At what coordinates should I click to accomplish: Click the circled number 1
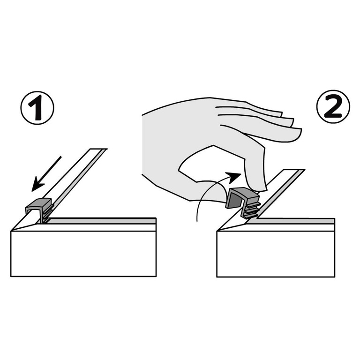[37, 108]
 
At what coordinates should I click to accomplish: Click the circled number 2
[333, 106]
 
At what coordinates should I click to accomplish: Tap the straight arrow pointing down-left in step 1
[46, 173]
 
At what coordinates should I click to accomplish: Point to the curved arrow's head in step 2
[234, 178]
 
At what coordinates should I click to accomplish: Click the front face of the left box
[83, 254]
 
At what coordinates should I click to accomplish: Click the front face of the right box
[276, 254]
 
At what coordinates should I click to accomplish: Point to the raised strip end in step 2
[294, 170]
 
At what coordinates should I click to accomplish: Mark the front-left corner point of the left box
[11, 231]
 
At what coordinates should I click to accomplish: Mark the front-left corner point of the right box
[217, 231]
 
